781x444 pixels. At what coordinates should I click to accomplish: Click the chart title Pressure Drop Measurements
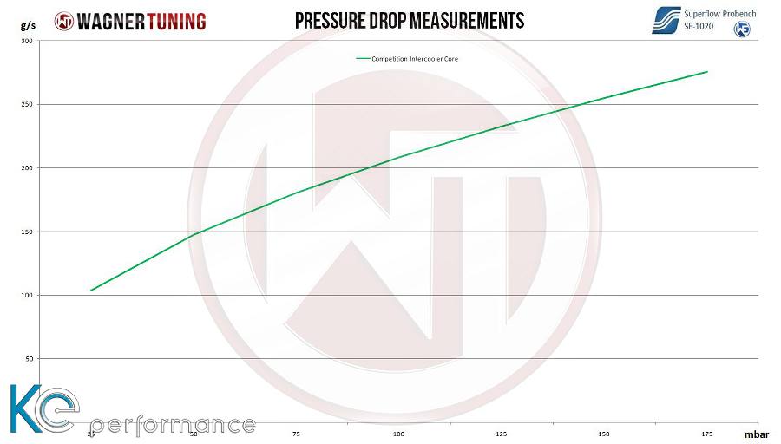[x=410, y=20]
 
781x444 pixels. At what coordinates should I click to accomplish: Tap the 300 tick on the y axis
[x=26, y=42]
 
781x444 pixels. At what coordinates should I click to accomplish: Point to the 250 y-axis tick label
[x=26, y=105]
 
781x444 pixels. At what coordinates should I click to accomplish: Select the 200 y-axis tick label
[x=26, y=168]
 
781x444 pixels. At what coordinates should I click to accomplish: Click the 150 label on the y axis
[x=26, y=232]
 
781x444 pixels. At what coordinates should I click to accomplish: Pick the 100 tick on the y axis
[x=26, y=296]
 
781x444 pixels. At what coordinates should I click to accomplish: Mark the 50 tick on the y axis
[x=28, y=359]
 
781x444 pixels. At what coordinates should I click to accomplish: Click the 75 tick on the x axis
[x=296, y=434]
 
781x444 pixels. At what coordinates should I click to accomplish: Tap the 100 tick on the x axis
[x=398, y=434]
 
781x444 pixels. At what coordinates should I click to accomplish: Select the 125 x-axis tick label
[x=502, y=434]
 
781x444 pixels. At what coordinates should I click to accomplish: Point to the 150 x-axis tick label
[x=604, y=434]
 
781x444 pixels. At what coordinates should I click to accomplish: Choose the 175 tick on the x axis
[x=706, y=434]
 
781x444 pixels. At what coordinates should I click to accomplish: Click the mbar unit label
[x=757, y=434]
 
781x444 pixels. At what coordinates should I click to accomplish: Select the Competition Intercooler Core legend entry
[x=407, y=59]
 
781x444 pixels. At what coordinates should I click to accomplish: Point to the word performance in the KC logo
[x=172, y=426]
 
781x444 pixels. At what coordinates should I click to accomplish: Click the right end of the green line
[x=707, y=72]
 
